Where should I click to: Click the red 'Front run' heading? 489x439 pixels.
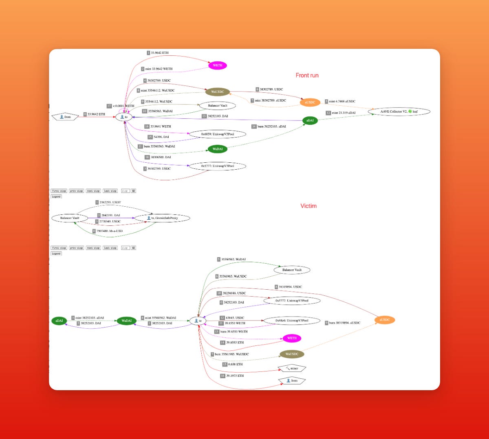coord(307,75)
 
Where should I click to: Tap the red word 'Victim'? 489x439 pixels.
coord(308,206)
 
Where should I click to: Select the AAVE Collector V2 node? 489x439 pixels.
coord(399,111)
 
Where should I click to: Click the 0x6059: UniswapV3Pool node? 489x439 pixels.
coord(218,134)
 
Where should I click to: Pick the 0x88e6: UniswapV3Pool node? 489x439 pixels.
coord(292,321)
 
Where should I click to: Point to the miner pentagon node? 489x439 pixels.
coord(292,369)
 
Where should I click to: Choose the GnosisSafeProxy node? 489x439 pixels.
coord(162,218)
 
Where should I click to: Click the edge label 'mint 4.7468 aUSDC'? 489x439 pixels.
coord(342,101)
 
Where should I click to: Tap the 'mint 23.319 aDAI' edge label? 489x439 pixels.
coord(343,113)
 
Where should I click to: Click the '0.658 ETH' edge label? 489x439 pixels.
coord(235,364)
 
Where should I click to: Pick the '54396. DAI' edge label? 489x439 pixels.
coord(160,137)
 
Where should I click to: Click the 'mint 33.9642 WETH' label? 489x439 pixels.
coord(159,69)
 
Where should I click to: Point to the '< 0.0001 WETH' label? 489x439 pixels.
coord(123,106)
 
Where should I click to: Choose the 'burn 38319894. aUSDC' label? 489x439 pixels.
coord(345,323)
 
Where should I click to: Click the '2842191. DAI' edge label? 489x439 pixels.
coord(110,215)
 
